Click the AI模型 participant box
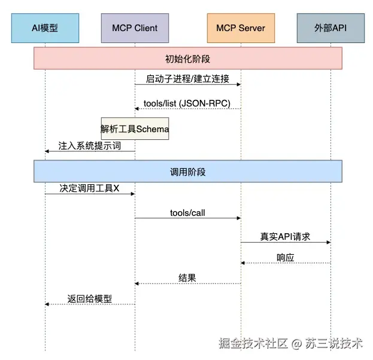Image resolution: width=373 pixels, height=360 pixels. [45, 28]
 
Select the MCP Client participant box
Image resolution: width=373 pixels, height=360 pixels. [135, 28]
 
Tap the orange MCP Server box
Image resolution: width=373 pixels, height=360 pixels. [241, 28]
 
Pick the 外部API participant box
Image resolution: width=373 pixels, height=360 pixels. [330, 28]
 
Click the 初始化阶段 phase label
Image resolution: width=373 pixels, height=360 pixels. [187, 59]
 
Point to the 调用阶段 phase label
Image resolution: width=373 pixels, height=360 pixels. [187, 171]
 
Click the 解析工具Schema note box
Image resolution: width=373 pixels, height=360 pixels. [135, 129]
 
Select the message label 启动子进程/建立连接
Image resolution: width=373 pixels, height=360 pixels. [187, 78]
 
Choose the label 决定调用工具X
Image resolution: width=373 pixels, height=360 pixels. [89, 187]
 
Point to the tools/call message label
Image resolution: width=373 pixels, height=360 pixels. [188, 212]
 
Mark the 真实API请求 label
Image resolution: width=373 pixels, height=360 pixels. [285, 236]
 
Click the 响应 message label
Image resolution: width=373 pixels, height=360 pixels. [286, 257]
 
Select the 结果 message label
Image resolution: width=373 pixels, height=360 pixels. [187, 277]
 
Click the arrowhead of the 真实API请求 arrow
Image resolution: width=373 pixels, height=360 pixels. [329, 242]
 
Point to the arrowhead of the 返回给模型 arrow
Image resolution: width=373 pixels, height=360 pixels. [47, 304]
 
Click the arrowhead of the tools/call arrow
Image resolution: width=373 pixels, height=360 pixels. [238, 218]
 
